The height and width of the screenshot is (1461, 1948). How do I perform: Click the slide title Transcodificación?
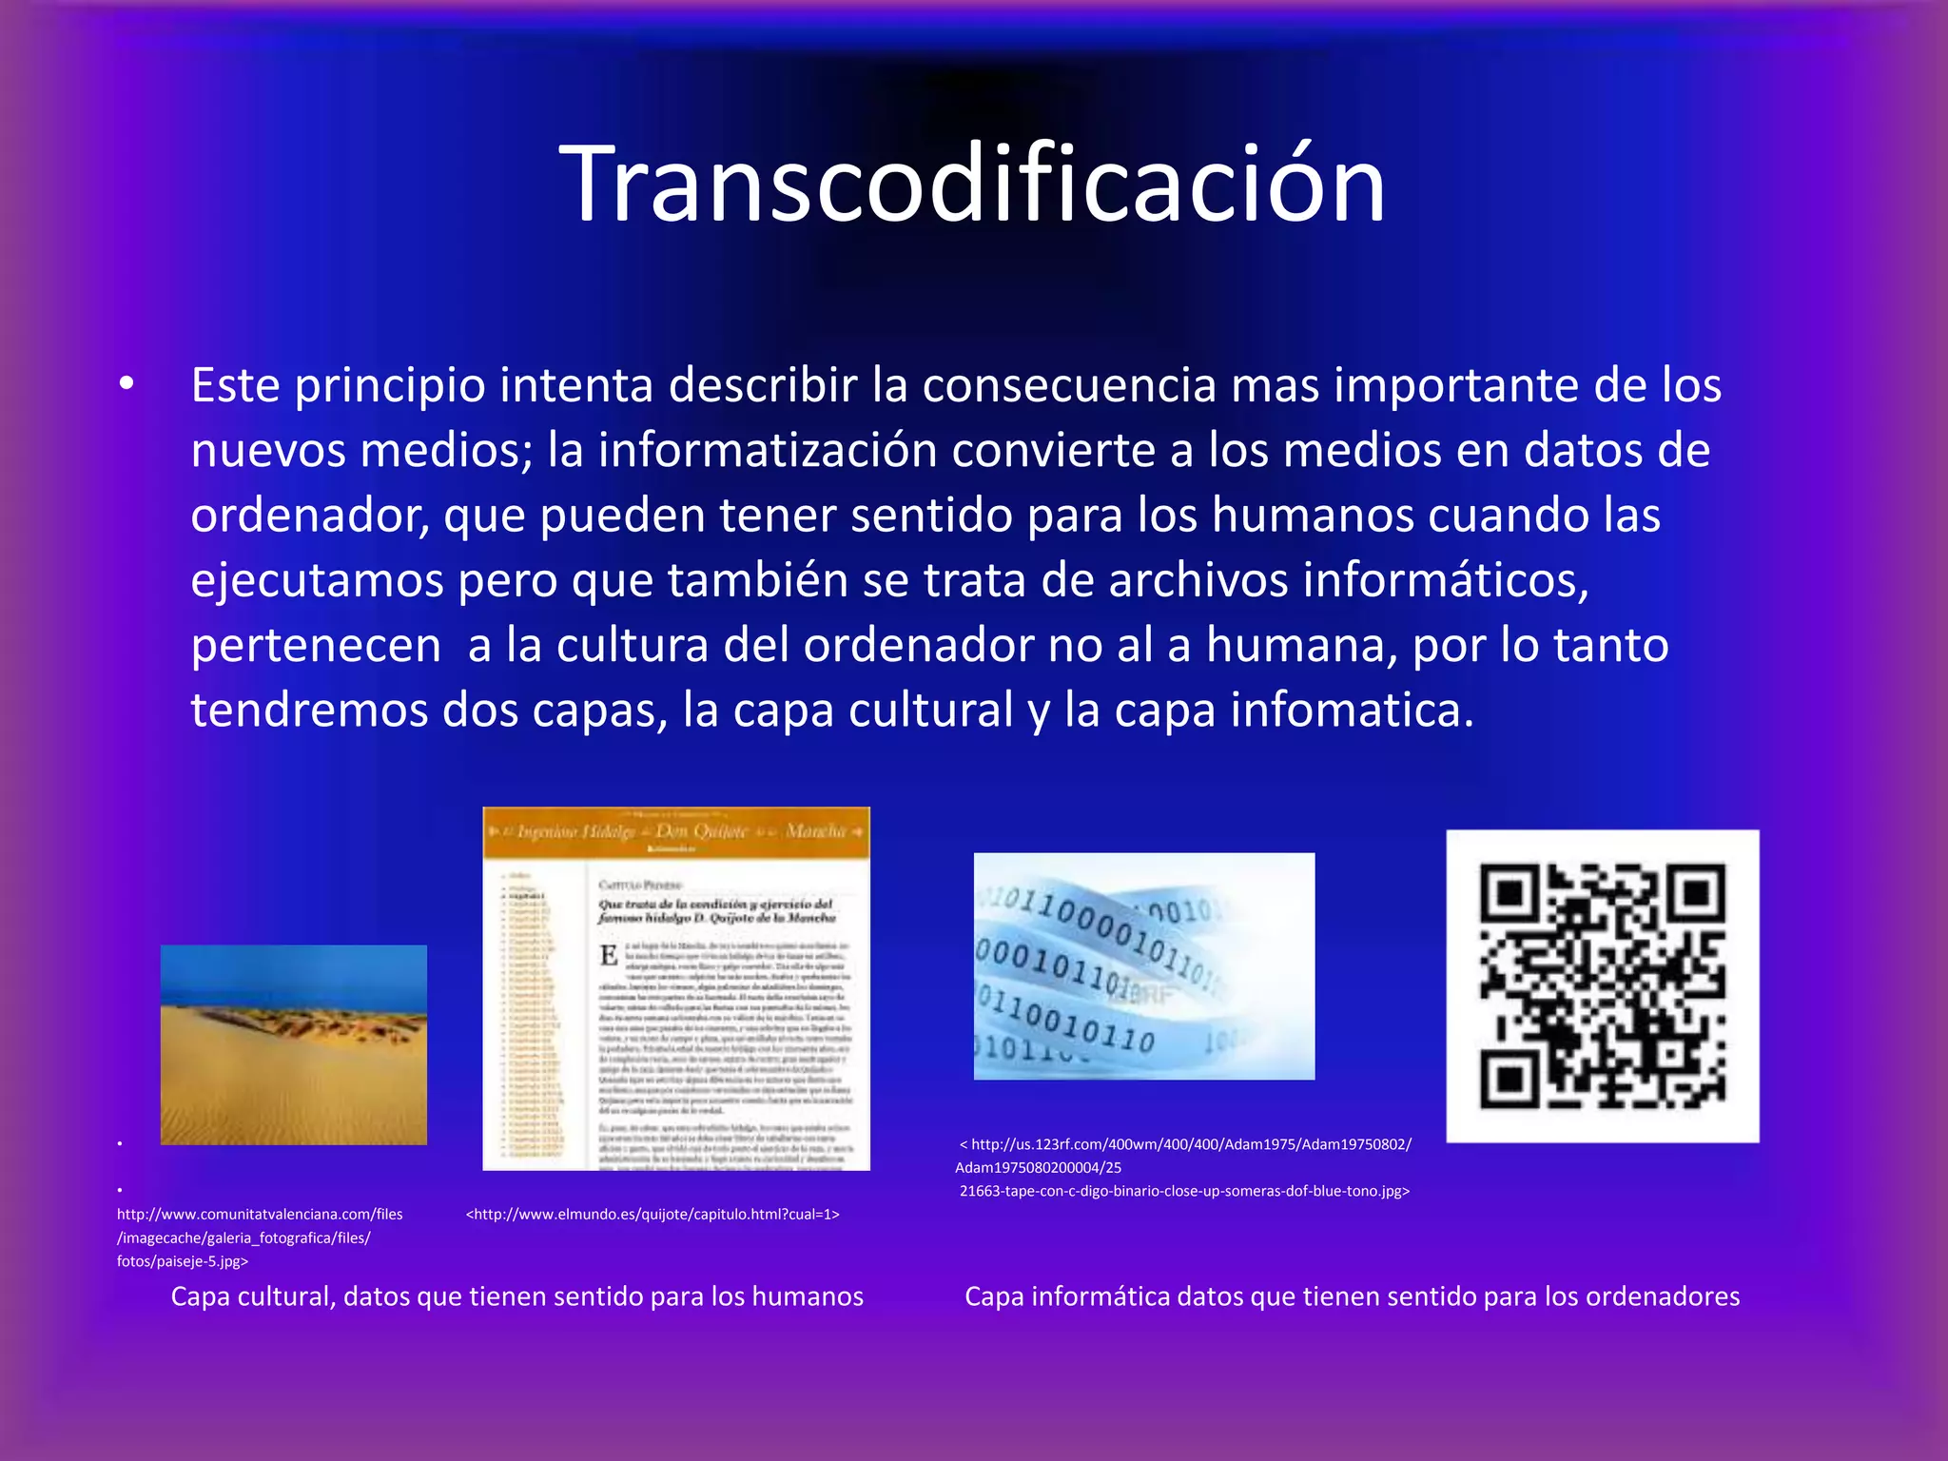[972, 184]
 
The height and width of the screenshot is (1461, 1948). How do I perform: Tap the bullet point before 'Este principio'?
[127, 385]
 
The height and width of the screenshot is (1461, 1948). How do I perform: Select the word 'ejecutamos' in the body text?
[317, 580]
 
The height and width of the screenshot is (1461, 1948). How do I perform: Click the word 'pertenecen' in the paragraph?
[316, 646]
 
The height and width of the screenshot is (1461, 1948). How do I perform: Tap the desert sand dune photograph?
[293, 1044]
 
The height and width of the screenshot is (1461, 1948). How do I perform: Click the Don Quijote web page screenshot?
[676, 988]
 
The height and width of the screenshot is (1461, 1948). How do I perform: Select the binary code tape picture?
[1143, 965]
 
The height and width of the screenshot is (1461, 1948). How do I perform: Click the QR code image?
[1602, 985]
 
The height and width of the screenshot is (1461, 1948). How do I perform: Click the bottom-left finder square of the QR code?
[1509, 1079]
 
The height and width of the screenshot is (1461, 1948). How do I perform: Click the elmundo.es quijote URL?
[653, 1215]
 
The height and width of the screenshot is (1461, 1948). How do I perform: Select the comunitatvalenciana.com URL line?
[260, 1215]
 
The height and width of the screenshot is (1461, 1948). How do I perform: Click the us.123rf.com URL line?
[1189, 1144]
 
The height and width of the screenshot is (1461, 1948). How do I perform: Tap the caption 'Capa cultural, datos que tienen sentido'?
[516, 1296]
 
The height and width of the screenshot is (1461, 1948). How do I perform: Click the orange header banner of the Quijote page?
[676, 832]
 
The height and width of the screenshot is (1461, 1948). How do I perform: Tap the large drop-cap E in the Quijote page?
[609, 955]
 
